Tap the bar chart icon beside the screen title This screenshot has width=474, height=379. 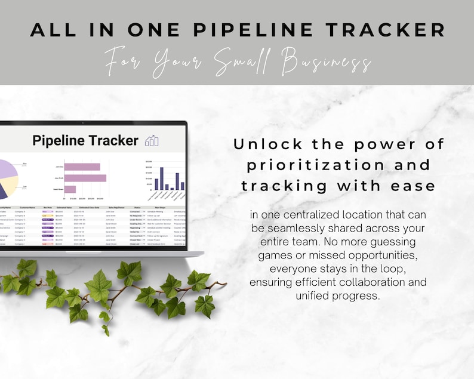(152, 141)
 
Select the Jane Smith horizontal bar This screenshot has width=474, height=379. (85, 178)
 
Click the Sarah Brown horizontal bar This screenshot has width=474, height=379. (70, 189)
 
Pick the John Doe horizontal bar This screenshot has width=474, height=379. (82, 167)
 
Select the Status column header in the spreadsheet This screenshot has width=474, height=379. (137, 208)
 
